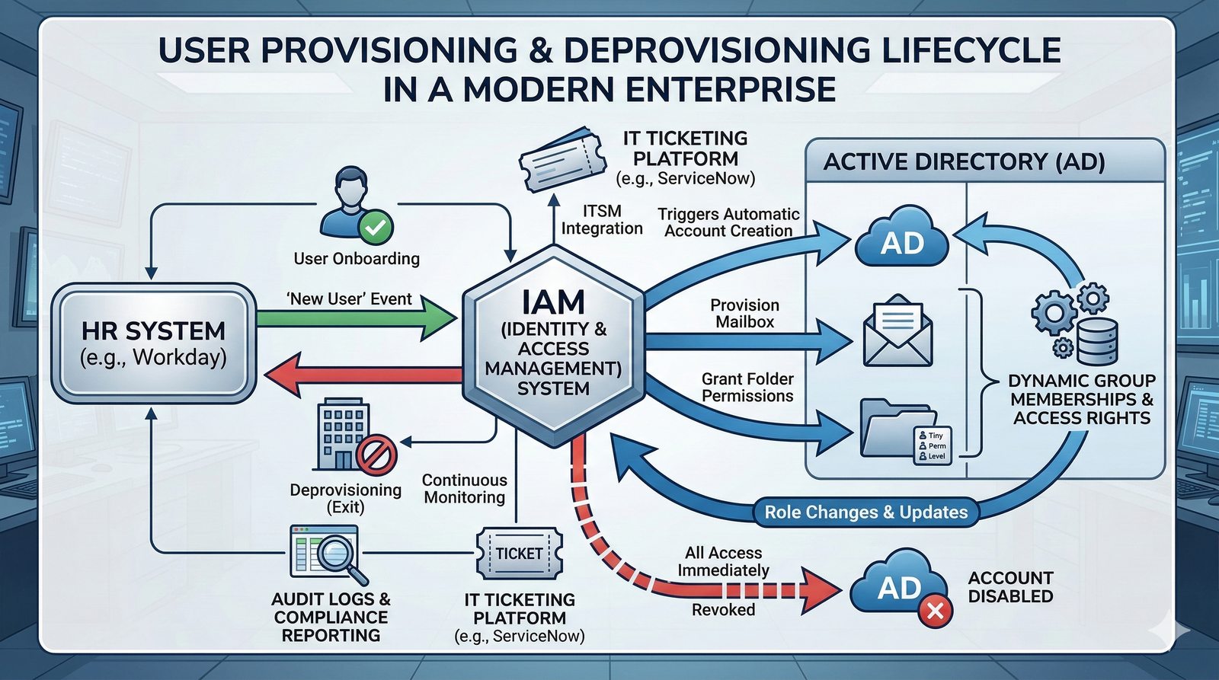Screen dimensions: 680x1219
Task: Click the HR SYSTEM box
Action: tap(153, 343)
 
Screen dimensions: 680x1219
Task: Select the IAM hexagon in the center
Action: tap(554, 345)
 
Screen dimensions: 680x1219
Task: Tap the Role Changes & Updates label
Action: tap(865, 512)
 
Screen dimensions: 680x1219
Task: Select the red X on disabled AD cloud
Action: tap(935, 610)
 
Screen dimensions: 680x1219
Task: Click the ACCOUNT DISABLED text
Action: tap(1010, 587)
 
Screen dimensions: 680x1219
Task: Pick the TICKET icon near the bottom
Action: tap(520, 554)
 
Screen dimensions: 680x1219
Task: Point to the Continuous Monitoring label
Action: tap(464, 489)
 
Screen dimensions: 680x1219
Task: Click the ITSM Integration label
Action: tap(602, 219)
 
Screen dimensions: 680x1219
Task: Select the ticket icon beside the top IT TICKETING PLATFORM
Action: tap(562, 158)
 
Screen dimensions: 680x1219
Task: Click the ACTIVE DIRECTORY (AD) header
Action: tap(964, 161)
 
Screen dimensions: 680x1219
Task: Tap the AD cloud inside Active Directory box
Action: tap(902, 238)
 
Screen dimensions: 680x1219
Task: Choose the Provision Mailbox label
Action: tap(744, 313)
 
